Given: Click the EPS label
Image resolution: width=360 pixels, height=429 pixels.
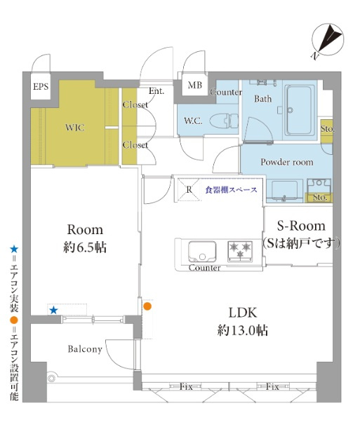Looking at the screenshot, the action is click(x=41, y=86).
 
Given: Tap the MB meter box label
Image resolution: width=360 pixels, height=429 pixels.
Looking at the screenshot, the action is click(x=195, y=85).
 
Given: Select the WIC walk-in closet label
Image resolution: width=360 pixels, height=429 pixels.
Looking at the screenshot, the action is click(x=75, y=128).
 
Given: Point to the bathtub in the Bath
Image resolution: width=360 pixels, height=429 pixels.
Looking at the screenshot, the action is click(x=299, y=110).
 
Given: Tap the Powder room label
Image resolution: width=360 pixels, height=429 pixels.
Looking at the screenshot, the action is click(x=287, y=162).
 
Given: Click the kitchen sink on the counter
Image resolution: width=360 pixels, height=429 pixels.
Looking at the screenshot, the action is click(x=202, y=252).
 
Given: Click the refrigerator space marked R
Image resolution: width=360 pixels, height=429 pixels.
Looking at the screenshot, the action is click(x=189, y=189).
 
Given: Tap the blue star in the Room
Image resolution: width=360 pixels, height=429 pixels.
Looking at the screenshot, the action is click(x=53, y=311).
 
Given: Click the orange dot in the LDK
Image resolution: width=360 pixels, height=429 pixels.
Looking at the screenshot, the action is click(x=147, y=306).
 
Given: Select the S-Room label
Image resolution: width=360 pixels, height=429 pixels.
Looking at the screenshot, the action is click(x=301, y=226).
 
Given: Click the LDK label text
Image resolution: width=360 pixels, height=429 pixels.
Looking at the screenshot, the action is click(x=243, y=313).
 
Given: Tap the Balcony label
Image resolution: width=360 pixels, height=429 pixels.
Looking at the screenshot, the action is click(x=85, y=349).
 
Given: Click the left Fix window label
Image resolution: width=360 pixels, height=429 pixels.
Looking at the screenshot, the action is click(x=186, y=387).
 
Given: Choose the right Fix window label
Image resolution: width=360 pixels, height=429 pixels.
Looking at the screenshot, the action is click(x=272, y=387).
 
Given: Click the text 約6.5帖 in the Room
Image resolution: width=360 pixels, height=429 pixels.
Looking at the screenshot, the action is click(x=85, y=247).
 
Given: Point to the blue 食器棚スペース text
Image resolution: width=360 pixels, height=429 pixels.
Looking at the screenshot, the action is click(x=232, y=190).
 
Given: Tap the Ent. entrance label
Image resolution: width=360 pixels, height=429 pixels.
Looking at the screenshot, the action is click(x=156, y=91).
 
